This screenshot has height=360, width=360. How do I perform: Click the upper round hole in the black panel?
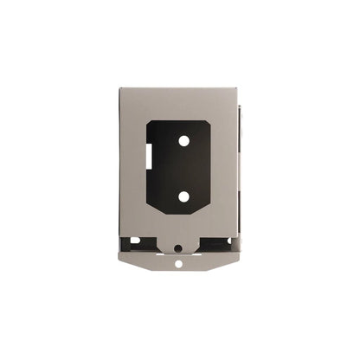[x=184, y=139]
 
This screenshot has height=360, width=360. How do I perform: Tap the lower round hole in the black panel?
[x=184, y=196]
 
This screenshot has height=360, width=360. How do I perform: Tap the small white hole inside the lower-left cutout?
[x=136, y=241]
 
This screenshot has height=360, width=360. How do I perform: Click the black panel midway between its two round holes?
[x=184, y=168]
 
